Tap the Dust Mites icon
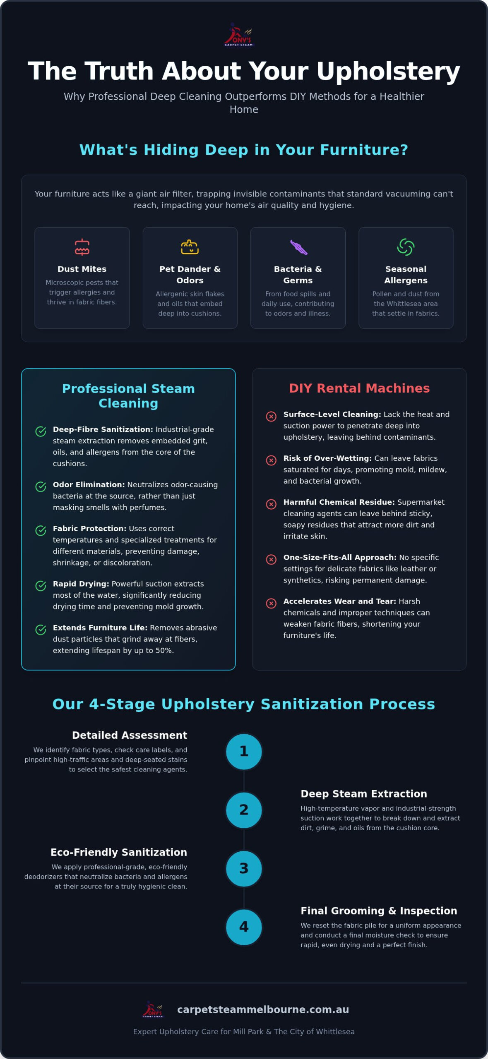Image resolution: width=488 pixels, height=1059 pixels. pos(82,247)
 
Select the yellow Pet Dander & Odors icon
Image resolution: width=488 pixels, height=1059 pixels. pos(190,247)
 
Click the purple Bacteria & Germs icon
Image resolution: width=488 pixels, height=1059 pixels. pos(298,247)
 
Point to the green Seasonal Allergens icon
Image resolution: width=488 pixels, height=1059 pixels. pos(406,247)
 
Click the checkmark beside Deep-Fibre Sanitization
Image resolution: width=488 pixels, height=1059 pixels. pos(41,431)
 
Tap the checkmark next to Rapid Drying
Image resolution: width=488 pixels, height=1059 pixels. pos(41,586)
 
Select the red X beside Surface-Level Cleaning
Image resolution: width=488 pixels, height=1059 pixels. pos(271,416)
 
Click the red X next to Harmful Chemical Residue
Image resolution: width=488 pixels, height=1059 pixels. pos(271,504)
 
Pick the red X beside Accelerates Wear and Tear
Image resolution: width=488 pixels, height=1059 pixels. pos(271,603)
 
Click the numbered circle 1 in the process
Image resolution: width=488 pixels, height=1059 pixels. pos(244,752)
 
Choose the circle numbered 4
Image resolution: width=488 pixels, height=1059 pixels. pos(244,927)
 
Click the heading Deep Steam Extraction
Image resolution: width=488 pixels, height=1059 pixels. pos(364,793)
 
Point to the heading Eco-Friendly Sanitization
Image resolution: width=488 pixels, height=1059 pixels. pos(119,852)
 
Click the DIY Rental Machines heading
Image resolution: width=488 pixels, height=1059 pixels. pos(359,388)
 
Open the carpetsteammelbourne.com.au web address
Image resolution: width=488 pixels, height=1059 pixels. pos(263,1009)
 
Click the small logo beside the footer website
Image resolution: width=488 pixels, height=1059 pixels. pos(153,1009)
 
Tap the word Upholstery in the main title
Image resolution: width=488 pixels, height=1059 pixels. pos(388,72)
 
